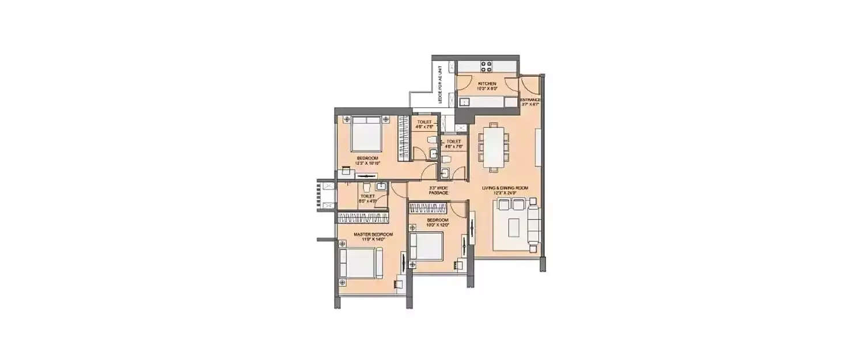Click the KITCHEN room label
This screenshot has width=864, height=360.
coord(487,84)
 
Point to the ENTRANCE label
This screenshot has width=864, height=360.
coord(530,100)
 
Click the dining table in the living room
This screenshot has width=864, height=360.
coord(494,146)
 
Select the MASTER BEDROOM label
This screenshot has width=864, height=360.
coord(365,234)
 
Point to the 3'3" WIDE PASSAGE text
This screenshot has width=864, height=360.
coord(438,190)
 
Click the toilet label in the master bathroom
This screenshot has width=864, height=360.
coord(367,196)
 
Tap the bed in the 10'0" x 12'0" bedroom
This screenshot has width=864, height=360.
coord(426,247)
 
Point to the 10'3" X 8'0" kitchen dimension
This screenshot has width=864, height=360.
coord(487,89)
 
